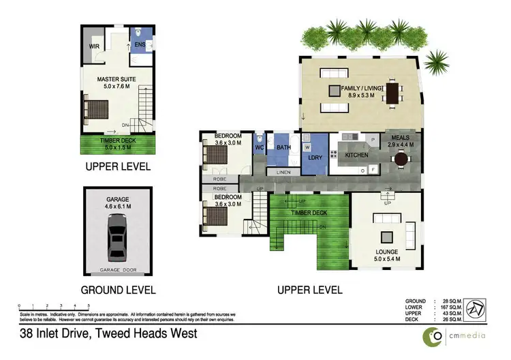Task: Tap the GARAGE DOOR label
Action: click(x=118, y=270)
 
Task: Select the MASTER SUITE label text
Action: click(x=117, y=79)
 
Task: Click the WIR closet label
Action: click(x=94, y=46)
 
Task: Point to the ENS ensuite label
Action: click(x=140, y=46)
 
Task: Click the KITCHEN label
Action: click(x=356, y=155)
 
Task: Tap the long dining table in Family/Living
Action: click(x=393, y=93)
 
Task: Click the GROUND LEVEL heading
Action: click(x=118, y=289)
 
